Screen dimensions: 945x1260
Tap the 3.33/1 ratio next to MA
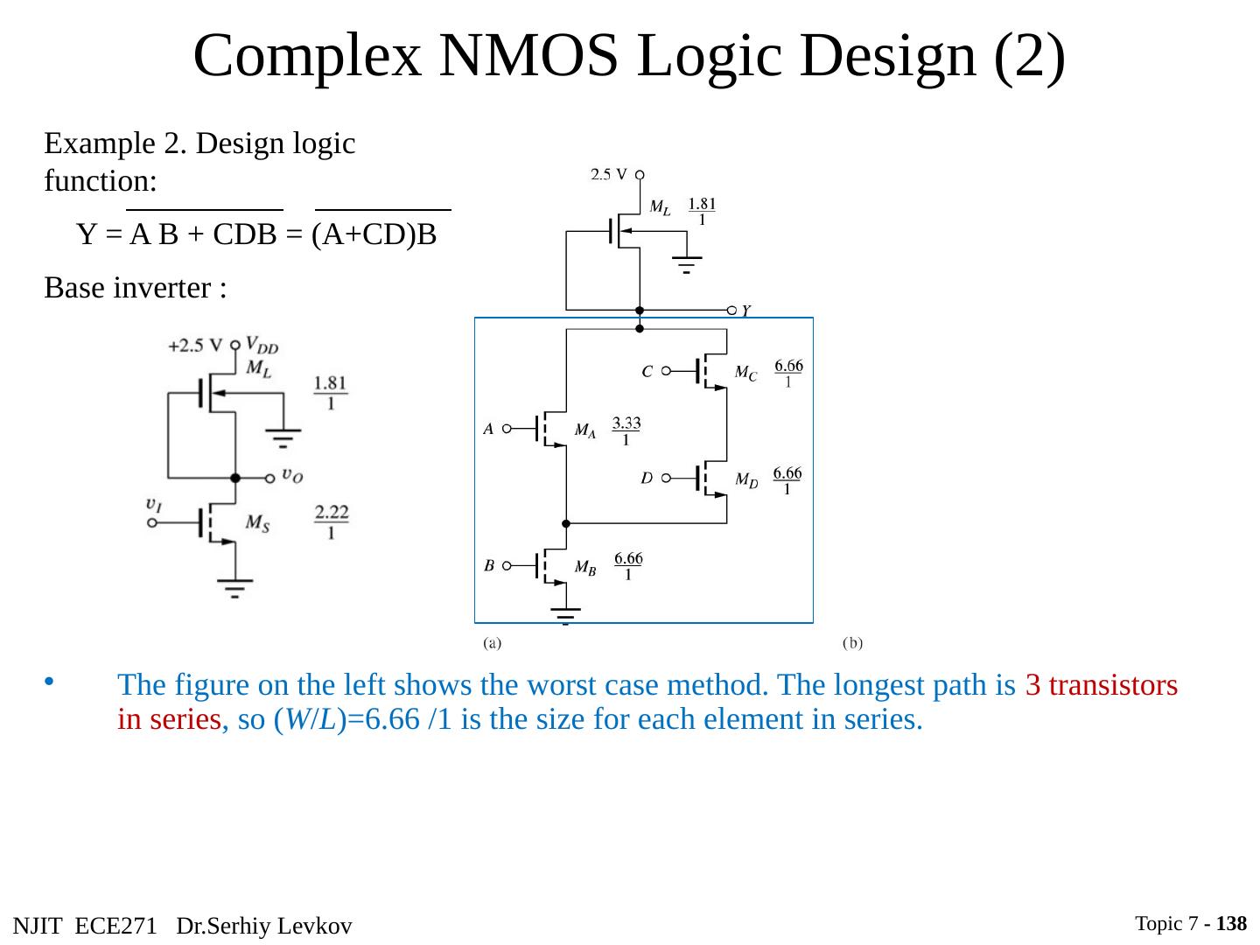[626, 431]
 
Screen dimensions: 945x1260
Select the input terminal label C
[647, 371]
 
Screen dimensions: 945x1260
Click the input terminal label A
[489, 430]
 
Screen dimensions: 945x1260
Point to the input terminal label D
[646, 479]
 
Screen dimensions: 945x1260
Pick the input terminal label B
[489, 566]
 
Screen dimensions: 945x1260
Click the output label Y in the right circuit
[746, 311]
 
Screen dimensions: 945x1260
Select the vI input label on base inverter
[153, 504]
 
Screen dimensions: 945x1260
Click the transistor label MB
[585, 567]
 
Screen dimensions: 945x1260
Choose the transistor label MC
[745, 373]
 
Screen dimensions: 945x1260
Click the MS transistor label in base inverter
[257, 522]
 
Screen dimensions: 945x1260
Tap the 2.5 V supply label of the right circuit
[608, 174]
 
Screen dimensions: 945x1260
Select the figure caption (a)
[493, 644]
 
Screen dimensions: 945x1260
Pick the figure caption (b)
[852, 644]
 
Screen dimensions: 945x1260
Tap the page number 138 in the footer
[1231, 924]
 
